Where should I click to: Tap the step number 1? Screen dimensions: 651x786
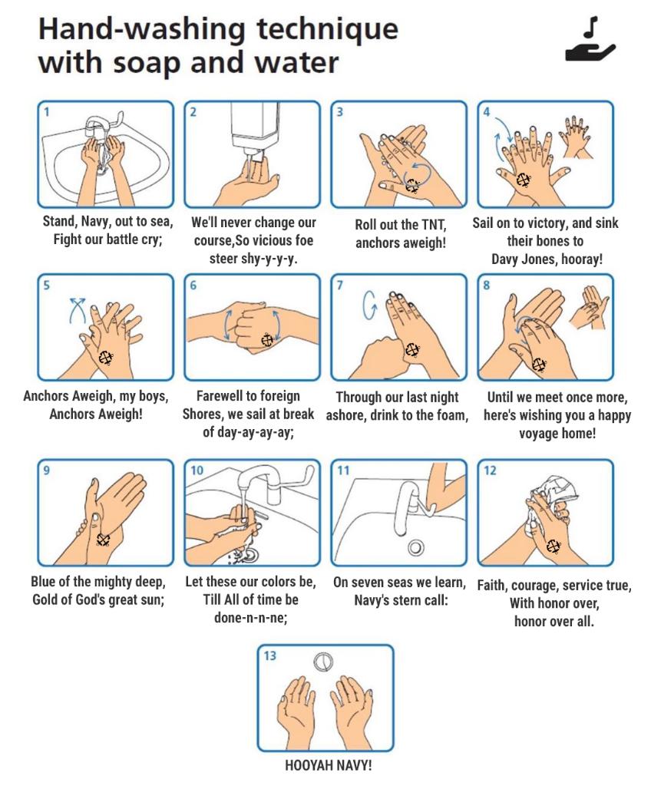[x=47, y=112]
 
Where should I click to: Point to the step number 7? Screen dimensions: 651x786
[x=340, y=286]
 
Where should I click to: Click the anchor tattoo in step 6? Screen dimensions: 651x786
[x=268, y=340]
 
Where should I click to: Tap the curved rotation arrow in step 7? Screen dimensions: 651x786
[x=369, y=305]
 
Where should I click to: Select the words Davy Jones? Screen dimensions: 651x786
[x=520, y=259]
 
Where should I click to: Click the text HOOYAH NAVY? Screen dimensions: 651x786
[x=328, y=765]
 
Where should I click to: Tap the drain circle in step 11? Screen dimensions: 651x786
[x=415, y=547]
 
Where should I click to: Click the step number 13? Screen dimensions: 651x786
[x=269, y=656]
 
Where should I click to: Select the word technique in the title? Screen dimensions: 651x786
[x=328, y=30]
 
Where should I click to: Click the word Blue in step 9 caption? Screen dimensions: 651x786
[x=44, y=582]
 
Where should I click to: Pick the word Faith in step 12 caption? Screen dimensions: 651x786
[x=492, y=586]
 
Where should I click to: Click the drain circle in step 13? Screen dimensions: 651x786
[x=323, y=662]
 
